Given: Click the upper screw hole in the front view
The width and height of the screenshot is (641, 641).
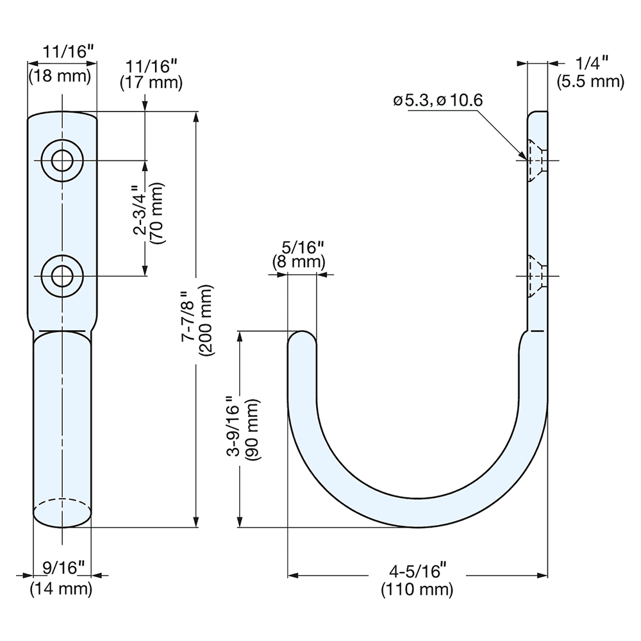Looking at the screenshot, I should click(62, 160).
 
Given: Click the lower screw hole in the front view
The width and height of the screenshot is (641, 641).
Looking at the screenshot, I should click(62, 276).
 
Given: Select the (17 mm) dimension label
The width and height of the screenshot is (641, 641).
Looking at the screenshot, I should click(151, 83).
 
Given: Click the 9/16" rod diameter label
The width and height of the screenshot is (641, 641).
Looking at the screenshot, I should click(63, 567).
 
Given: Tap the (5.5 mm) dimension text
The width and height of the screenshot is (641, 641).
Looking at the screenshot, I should click(589, 81).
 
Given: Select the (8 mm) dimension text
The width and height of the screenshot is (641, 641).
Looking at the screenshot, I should click(299, 262).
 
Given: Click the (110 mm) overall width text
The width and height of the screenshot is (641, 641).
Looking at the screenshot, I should click(417, 588).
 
